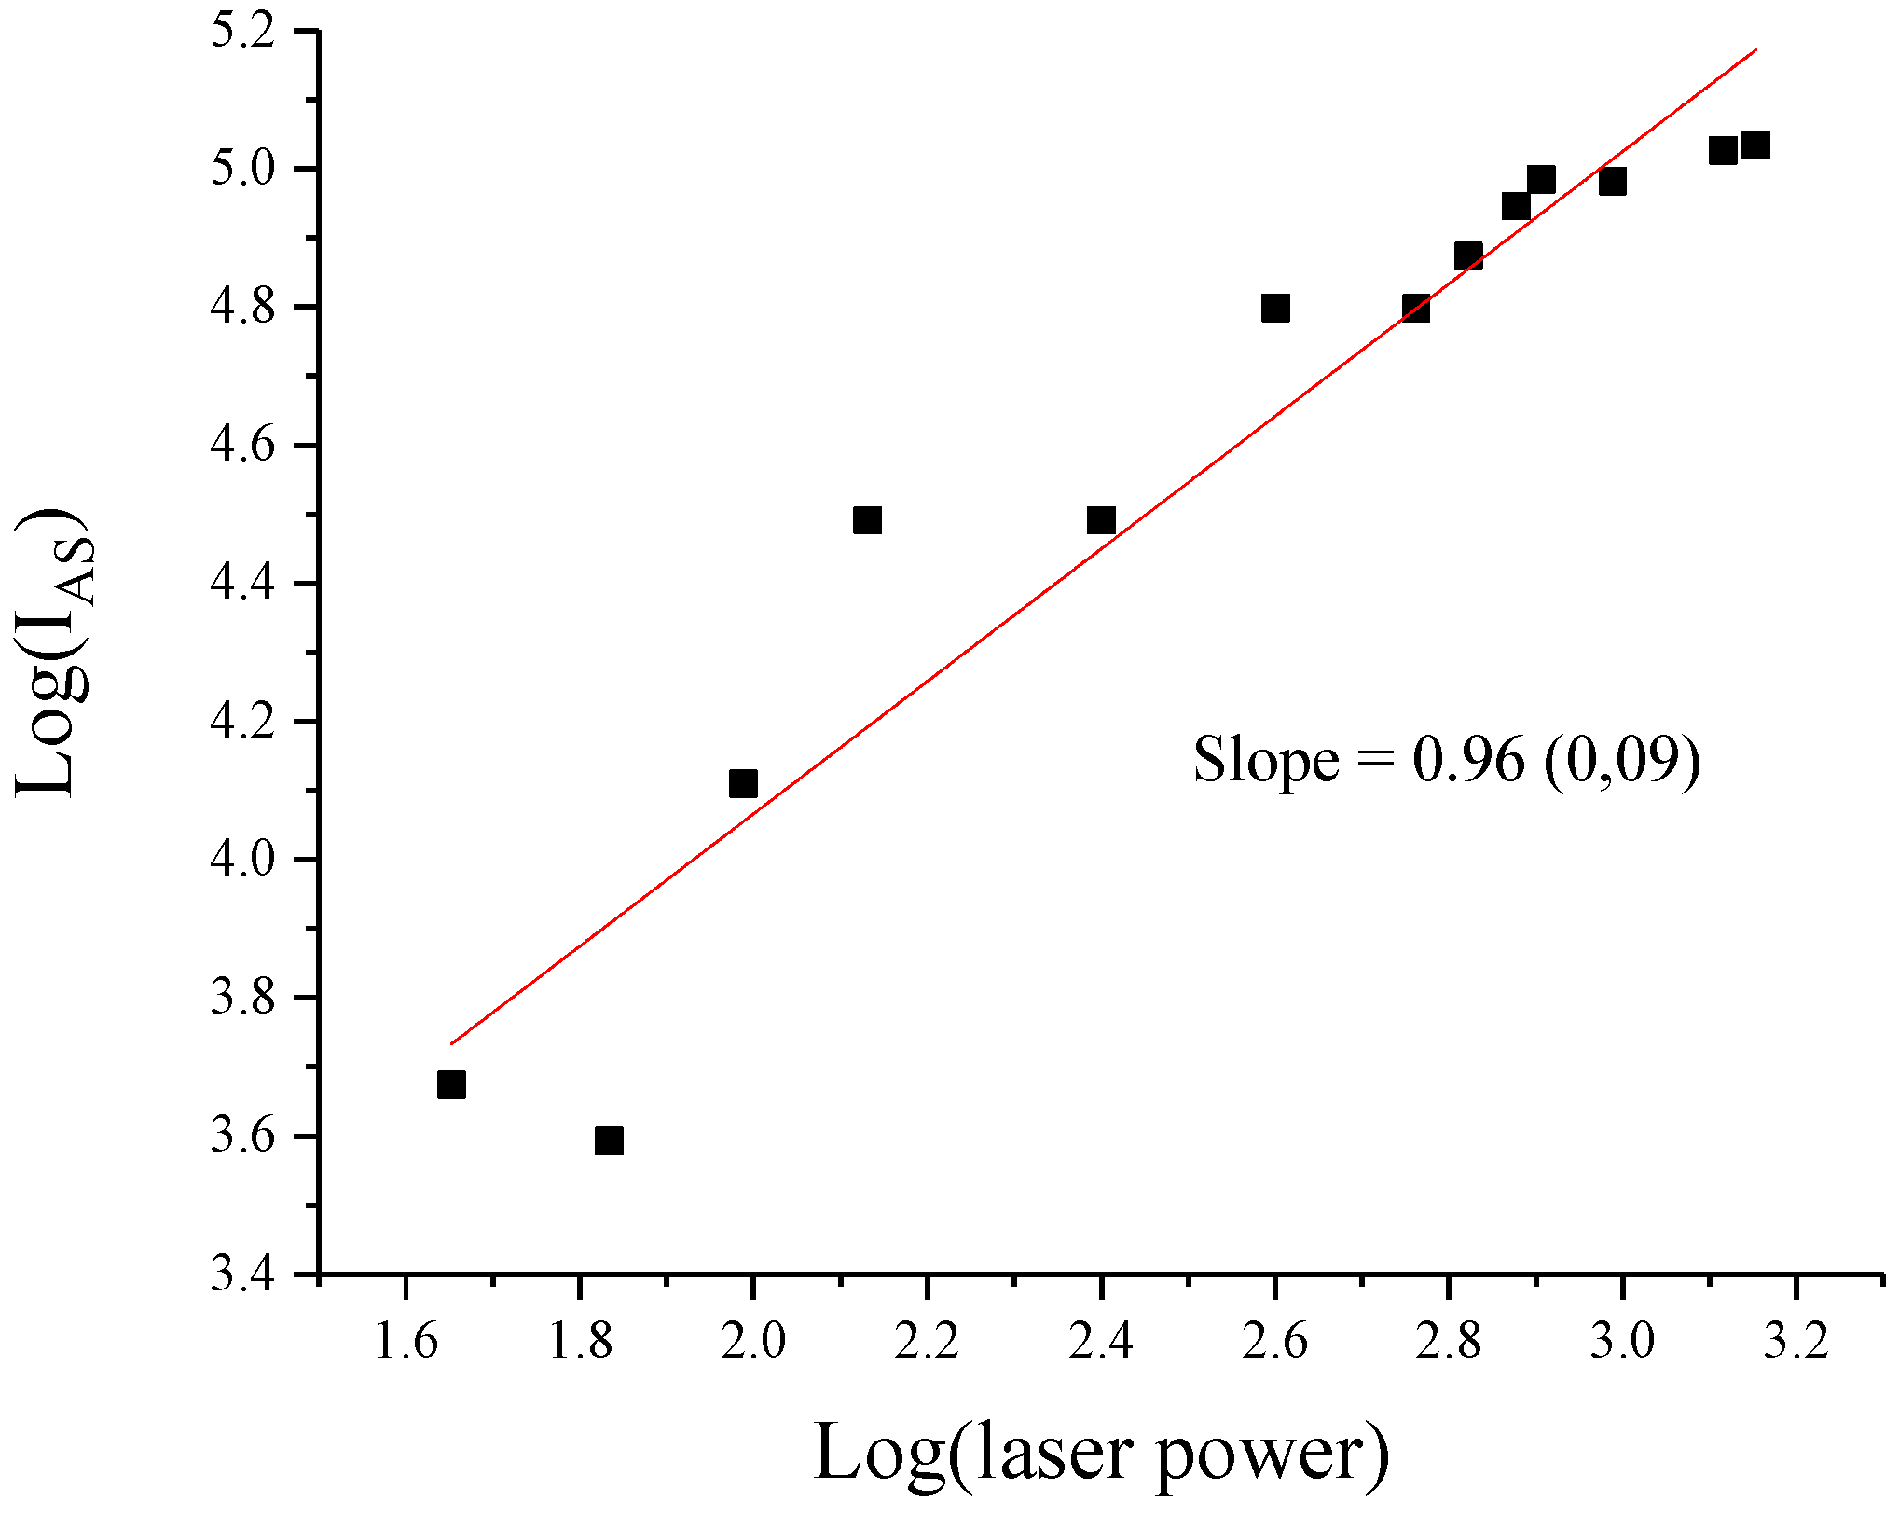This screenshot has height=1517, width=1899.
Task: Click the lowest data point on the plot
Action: point(609,1140)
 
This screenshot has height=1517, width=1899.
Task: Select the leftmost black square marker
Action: point(451,1084)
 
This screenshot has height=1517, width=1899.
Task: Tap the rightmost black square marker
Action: point(1755,145)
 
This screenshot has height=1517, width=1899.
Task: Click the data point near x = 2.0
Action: point(743,783)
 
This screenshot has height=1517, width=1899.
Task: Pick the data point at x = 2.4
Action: point(1101,520)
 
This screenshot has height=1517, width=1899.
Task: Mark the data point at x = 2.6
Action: point(1275,308)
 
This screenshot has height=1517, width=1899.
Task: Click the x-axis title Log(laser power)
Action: point(1101,1452)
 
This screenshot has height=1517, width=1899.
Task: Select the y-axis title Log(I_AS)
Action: point(56,653)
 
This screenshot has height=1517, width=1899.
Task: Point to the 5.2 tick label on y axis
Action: point(244,32)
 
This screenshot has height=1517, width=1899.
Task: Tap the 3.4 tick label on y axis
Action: point(244,1274)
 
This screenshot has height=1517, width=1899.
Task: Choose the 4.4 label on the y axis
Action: point(244,584)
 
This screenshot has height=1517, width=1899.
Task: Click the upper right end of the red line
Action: point(1755,49)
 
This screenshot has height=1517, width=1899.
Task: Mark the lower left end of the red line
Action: point(452,1043)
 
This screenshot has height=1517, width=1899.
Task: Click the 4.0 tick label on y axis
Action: point(244,860)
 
